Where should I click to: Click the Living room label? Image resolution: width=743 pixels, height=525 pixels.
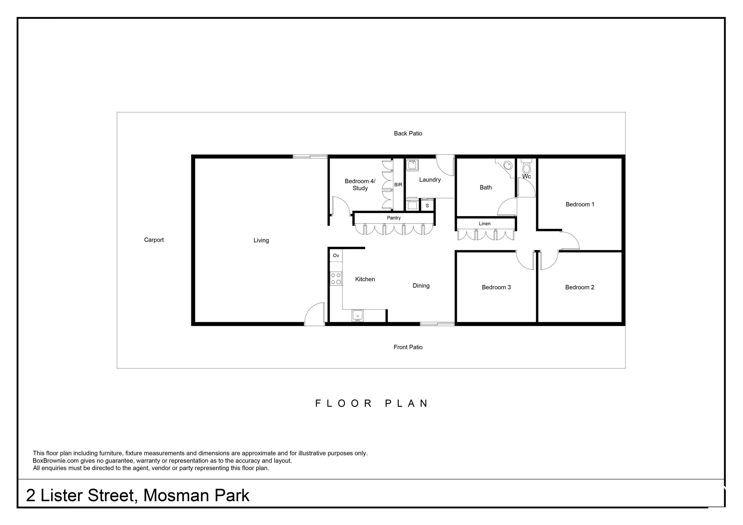261,240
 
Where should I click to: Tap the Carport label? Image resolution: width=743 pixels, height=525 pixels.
154,240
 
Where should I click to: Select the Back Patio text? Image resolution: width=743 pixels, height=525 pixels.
408,133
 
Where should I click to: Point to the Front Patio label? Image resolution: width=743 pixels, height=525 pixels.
408,347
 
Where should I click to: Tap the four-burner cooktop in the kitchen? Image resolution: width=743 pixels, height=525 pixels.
336,278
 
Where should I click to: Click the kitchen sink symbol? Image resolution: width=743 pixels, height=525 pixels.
357,315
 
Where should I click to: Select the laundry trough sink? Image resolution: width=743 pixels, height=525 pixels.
412,165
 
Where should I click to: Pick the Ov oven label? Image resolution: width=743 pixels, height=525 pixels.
336,255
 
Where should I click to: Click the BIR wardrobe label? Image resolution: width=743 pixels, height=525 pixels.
398,185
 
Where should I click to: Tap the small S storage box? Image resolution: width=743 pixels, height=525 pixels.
427,205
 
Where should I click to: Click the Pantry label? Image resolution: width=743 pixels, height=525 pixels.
394,218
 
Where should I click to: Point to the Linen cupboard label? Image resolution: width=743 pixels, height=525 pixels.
484,224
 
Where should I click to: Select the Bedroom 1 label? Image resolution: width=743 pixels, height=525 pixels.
580,204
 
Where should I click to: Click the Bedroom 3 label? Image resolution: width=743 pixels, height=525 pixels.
496,287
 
